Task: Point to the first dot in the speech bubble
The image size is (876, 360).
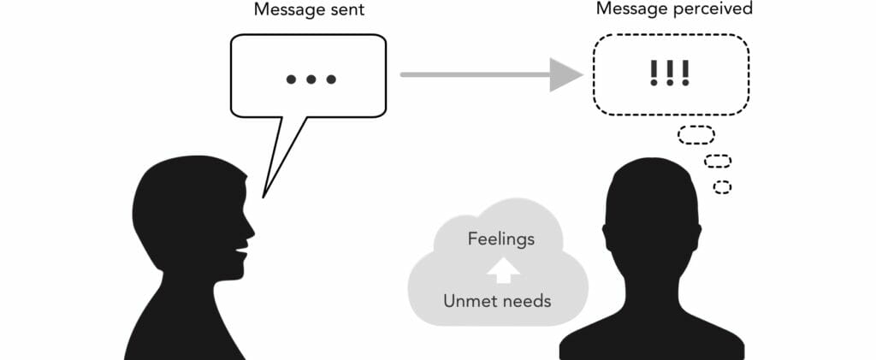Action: (x=291, y=80)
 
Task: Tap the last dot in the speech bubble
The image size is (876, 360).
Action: (x=332, y=80)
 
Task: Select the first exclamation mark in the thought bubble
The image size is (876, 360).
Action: (x=654, y=73)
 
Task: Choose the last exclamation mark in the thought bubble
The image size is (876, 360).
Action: (x=685, y=73)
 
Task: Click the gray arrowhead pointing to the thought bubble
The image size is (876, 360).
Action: (x=565, y=74)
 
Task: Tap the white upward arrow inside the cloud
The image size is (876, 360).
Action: (x=503, y=270)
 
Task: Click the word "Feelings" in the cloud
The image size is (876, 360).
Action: (x=501, y=239)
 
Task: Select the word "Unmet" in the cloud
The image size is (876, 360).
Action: (x=469, y=300)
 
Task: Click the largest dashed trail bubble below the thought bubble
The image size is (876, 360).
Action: (x=696, y=135)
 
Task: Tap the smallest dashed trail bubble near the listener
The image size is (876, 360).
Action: (x=723, y=186)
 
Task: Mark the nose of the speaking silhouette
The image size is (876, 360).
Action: (x=252, y=228)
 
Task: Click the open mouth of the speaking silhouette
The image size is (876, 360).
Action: (x=242, y=253)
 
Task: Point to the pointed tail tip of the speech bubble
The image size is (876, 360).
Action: (x=264, y=197)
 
